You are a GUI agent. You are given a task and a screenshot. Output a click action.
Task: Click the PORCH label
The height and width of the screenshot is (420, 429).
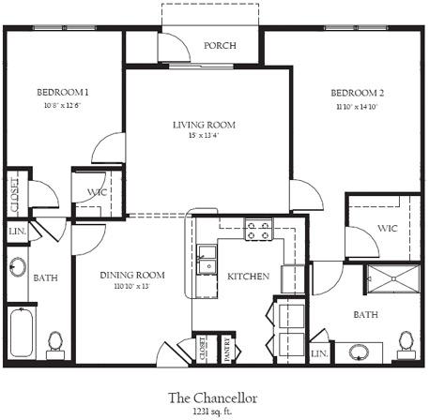point(220,46)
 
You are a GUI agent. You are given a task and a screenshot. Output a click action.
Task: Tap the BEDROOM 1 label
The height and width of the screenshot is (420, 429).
point(63,92)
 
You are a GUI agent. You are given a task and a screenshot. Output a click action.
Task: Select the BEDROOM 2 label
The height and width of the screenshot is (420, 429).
point(357,93)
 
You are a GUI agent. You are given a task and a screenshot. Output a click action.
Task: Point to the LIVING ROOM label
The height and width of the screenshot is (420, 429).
point(204,125)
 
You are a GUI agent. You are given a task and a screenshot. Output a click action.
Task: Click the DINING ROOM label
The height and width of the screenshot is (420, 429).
point(132,275)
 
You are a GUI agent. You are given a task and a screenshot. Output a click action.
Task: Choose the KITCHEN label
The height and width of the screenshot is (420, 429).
point(249,277)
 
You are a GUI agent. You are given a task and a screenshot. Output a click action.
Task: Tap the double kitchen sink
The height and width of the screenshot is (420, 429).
point(207,259)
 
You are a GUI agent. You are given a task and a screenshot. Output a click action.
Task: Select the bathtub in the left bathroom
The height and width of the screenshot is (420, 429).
point(21,332)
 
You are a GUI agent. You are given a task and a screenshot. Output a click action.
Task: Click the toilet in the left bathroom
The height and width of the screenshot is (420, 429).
point(55,341)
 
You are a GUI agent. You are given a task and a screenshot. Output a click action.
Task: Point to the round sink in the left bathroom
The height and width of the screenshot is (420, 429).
point(18,266)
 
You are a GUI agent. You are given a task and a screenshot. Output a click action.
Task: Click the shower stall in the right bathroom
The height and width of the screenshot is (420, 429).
point(393,278)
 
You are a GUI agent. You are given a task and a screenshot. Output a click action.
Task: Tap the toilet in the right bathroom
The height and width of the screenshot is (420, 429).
point(406,341)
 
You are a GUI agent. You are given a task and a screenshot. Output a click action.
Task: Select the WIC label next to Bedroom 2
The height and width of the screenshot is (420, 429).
point(388,228)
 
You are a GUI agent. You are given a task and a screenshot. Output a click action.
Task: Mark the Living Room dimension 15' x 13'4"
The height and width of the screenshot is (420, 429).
point(204,138)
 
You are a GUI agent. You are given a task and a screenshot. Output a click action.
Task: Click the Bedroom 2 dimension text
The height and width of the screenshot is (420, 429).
point(357,107)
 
